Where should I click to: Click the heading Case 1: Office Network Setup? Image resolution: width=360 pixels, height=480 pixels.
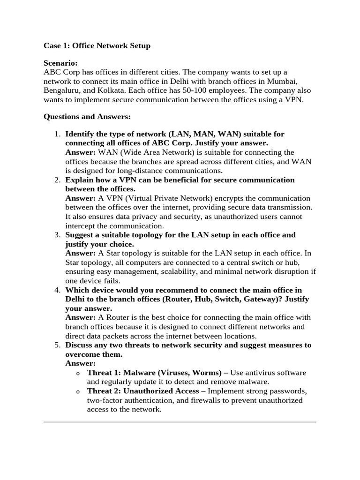[x=97, y=45]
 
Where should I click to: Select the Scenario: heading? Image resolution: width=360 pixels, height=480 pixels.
[x=60, y=63]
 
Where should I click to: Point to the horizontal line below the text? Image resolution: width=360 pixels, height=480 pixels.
[x=180, y=422]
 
